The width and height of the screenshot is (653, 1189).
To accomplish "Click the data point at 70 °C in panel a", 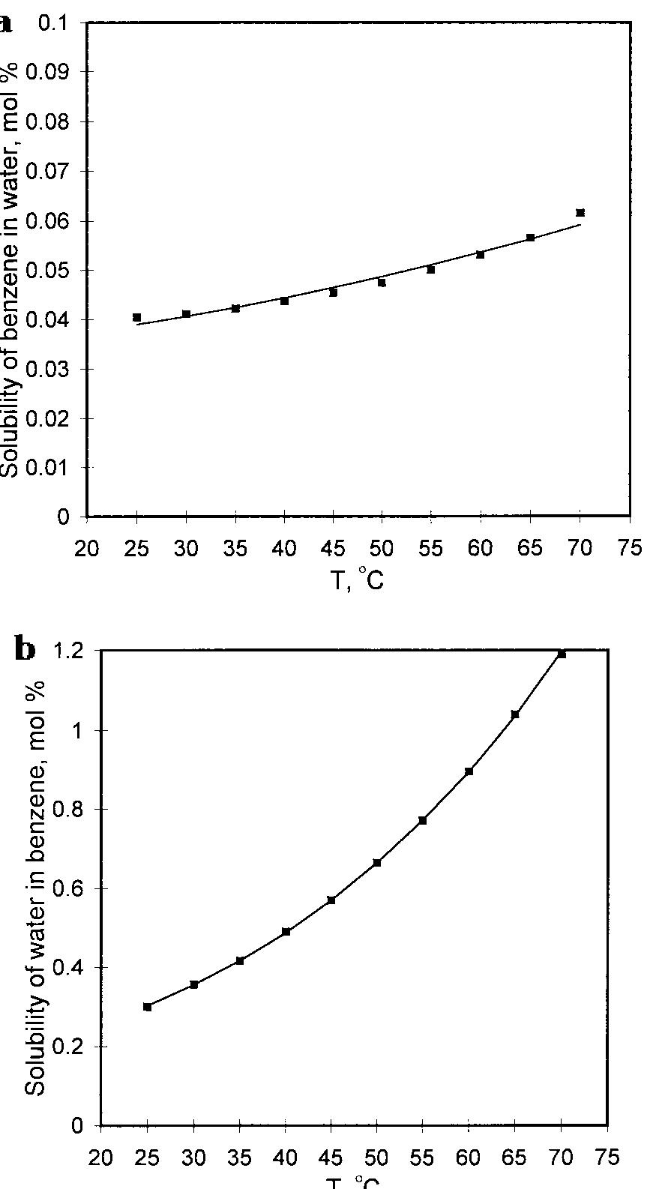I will click(x=580, y=213).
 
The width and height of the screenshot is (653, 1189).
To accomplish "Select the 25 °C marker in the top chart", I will click(x=137, y=317).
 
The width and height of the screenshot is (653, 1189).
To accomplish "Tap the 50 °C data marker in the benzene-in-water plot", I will click(x=382, y=283).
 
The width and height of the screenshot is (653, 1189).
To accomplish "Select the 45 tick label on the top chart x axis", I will click(x=333, y=549).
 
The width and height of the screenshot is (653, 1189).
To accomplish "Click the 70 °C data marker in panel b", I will click(x=562, y=654).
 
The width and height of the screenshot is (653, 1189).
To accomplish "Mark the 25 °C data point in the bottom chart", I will click(x=148, y=1007).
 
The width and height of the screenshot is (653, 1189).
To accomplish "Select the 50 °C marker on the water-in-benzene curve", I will click(x=377, y=863).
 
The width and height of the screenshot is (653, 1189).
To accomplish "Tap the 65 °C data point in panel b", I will click(x=515, y=714).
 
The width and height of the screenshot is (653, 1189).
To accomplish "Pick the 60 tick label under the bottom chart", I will click(x=469, y=1158).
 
